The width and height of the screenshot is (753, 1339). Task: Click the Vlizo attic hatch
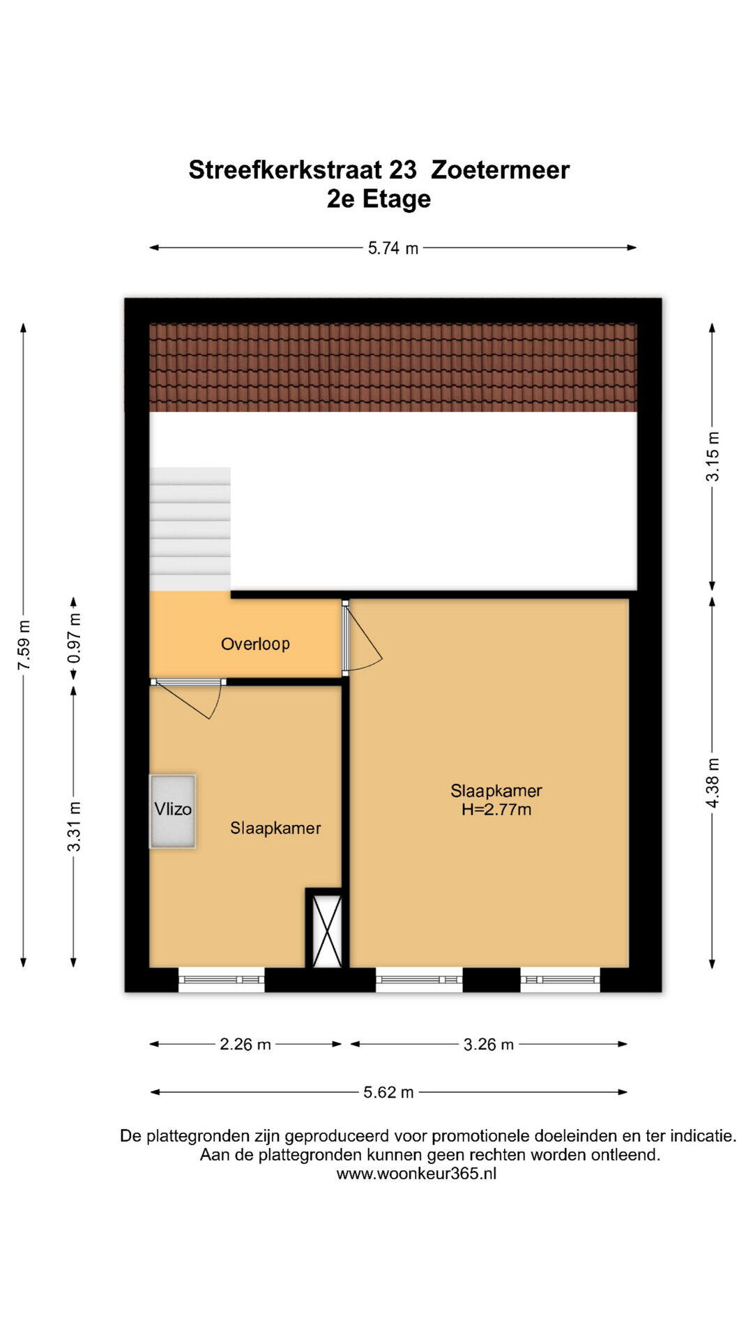[x=172, y=811]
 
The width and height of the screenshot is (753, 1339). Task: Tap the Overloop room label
[x=255, y=644]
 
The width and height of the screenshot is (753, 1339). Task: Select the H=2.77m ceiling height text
[x=496, y=810]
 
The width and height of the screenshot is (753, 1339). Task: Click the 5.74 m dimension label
[x=393, y=248]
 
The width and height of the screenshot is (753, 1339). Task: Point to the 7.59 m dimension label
[x=24, y=644]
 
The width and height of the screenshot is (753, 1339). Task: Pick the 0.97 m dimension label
[x=74, y=638]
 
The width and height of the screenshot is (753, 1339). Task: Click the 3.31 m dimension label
[x=74, y=826]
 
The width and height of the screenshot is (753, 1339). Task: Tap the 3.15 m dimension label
[x=713, y=456]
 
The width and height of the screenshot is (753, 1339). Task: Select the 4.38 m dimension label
[x=713, y=783]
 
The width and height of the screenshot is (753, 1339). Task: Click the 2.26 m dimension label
[x=245, y=1044]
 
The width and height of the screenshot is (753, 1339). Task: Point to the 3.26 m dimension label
[x=489, y=1044]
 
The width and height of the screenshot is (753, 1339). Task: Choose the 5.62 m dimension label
[x=388, y=1092]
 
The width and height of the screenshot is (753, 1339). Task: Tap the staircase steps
[x=190, y=529]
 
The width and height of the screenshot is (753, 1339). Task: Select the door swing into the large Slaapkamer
[x=363, y=636]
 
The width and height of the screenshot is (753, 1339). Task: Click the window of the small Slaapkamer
[x=222, y=980]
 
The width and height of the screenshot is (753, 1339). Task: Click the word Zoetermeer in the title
[x=501, y=169]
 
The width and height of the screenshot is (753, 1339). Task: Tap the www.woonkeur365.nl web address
[x=416, y=1173]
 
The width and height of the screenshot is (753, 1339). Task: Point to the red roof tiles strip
[x=393, y=368]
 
